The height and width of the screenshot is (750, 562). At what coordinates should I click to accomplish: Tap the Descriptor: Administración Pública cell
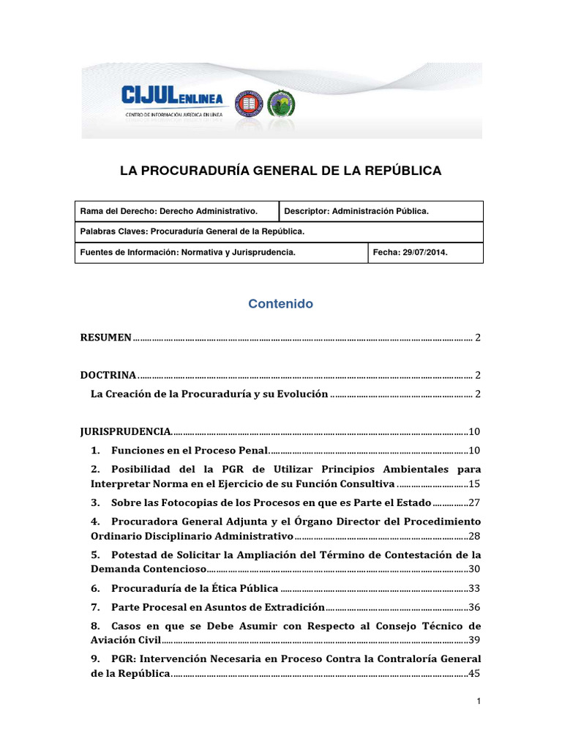point(381,211)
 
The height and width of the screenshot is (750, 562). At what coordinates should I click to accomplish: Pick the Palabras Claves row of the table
point(278,231)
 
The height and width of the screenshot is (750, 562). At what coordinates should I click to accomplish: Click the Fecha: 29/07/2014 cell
point(424,252)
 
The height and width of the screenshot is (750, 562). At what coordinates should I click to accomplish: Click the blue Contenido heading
point(280,303)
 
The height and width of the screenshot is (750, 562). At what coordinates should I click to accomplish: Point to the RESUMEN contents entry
point(106,338)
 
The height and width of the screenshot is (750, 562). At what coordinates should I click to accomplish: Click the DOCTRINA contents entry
point(108,375)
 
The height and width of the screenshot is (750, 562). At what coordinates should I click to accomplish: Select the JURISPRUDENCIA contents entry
point(125,431)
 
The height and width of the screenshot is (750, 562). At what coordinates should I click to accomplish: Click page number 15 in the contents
point(475,484)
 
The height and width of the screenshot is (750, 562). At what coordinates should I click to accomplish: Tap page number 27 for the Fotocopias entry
point(475,503)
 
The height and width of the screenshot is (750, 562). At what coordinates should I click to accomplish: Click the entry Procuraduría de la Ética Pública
point(195,588)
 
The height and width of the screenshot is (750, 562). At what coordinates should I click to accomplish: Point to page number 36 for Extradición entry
point(475,607)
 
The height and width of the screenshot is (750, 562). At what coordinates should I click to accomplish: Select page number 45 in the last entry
point(475,674)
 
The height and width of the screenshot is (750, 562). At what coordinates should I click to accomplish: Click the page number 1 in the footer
point(478,702)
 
